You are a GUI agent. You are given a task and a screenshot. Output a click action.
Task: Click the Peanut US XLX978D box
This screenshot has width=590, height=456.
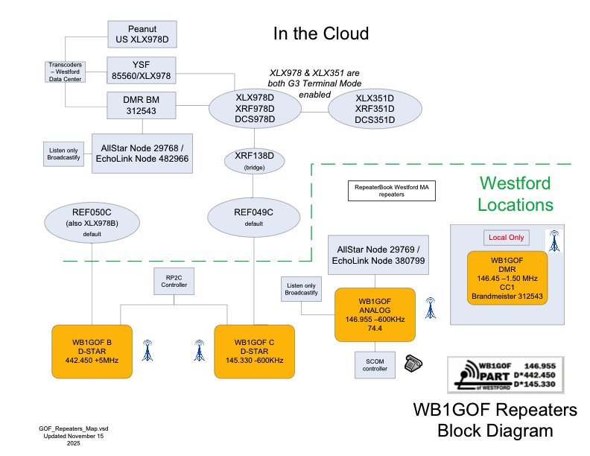pos(142,34)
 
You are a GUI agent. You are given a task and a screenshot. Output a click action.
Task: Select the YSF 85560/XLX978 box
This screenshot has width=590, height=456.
pos(142,70)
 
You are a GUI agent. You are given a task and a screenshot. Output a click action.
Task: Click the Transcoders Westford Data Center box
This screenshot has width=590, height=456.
pos(64,72)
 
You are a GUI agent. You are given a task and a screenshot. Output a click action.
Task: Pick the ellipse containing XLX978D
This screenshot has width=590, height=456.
pos(255,109)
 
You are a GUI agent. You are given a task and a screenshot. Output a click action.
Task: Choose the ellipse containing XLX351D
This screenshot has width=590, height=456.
pos(375,109)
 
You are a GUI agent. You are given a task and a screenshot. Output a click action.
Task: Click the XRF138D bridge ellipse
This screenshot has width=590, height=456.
pos(255,160)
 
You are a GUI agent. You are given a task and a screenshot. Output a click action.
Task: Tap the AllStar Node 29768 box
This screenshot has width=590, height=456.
pos(142,153)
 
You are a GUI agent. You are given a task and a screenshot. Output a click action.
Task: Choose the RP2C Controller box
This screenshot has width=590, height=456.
pos(174,280)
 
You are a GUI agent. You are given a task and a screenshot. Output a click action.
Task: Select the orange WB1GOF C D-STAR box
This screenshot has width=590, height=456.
pos(255,350)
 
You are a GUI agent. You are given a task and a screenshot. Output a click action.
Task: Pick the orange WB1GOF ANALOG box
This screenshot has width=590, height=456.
pos(374,312)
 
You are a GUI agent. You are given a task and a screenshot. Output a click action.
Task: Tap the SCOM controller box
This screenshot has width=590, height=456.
pos(374,364)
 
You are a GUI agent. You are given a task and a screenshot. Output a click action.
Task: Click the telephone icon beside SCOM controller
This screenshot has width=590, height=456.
pos(413,363)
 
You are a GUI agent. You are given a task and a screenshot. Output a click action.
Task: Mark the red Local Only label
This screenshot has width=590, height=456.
pos(507,238)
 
